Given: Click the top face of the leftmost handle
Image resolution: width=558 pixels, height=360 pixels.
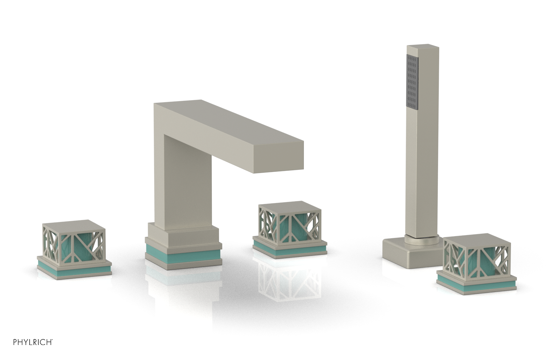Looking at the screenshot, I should (74, 224).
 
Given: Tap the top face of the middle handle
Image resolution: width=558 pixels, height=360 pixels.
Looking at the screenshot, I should (289, 205).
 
